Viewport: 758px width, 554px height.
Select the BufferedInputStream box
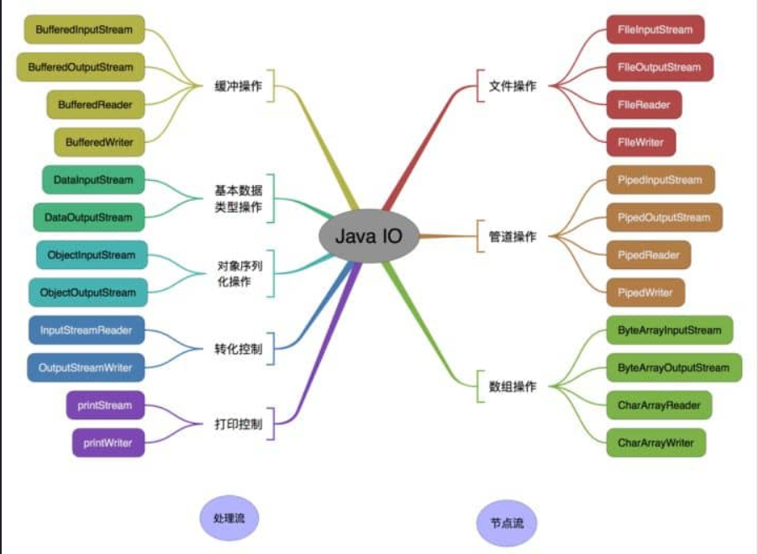point(85,29)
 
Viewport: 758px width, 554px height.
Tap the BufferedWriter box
point(99,142)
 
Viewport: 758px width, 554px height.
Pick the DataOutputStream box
point(88,217)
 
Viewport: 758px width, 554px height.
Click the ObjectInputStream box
point(92,255)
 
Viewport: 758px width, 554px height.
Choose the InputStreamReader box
point(86,330)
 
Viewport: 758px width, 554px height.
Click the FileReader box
point(645,104)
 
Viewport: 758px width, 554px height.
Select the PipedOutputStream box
point(664,217)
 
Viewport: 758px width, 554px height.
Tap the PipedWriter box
point(645,293)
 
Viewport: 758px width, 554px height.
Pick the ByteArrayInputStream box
point(669,330)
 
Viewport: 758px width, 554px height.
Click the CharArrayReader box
point(659,405)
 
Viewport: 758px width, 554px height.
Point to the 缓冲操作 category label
point(239,86)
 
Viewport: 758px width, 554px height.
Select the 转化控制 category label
point(239,349)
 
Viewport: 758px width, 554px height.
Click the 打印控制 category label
point(239,424)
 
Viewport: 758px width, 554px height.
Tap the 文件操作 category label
point(513,86)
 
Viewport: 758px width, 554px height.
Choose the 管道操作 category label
point(513,236)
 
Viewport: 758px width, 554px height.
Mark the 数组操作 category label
point(513,387)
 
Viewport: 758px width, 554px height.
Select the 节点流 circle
point(507,523)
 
